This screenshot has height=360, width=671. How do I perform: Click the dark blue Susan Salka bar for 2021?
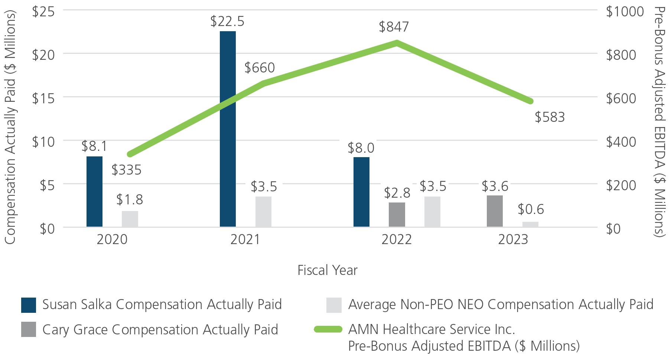pyautogui.click(x=228, y=129)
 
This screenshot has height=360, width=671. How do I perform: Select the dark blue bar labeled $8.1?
pyautogui.click(x=94, y=191)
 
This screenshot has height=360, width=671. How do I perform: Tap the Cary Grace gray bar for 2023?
pyautogui.click(x=495, y=211)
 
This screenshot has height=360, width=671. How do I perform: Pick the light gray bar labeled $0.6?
pyautogui.click(x=530, y=224)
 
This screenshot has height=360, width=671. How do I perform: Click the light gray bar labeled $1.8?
pyautogui.click(x=130, y=219)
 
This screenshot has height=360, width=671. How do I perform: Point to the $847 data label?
pyautogui.click(x=394, y=27)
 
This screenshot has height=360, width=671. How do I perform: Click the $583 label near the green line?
pyautogui.click(x=550, y=117)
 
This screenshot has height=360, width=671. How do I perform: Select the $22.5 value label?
pyautogui.click(x=227, y=22)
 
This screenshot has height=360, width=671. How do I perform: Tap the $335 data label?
pyautogui.click(x=127, y=170)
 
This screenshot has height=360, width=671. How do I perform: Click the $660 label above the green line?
pyautogui.click(x=260, y=68)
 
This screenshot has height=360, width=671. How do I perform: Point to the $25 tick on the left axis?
pyautogui.click(x=43, y=11)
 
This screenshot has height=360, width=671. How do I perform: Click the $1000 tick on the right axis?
pyautogui.click(x=625, y=12)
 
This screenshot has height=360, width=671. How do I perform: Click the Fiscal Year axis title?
pyautogui.click(x=328, y=270)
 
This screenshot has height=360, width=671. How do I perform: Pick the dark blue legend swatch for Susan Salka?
pyautogui.click(x=29, y=305)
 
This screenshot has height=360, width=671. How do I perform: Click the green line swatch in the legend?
pyautogui.click(x=328, y=330)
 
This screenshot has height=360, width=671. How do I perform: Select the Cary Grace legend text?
pyautogui.click(x=160, y=330)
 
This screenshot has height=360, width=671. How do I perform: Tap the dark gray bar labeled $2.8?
pyautogui.click(x=397, y=214)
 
